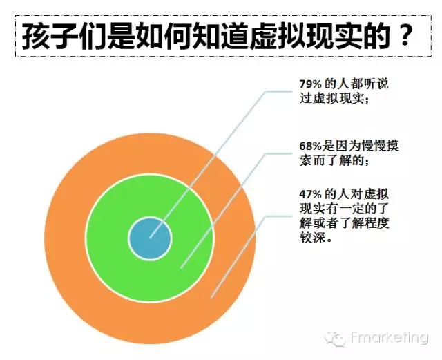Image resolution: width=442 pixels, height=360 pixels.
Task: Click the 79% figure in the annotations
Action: click(x=310, y=84)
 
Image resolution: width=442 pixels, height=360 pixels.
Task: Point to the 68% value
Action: click(x=310, y=146)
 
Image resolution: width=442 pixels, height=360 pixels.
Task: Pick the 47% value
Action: click(x=310, y=194)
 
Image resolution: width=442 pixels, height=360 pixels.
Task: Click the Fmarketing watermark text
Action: click(x=390, y=337)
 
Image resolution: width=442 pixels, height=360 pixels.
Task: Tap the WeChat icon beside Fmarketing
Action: click(x=335, y=338)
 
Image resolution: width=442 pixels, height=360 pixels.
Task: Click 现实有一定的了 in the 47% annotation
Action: click(x=344, y=209)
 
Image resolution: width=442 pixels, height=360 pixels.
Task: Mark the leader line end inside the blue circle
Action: click(x=151, y=237)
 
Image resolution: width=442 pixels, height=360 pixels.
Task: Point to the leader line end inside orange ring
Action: click(x=212, y=297)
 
